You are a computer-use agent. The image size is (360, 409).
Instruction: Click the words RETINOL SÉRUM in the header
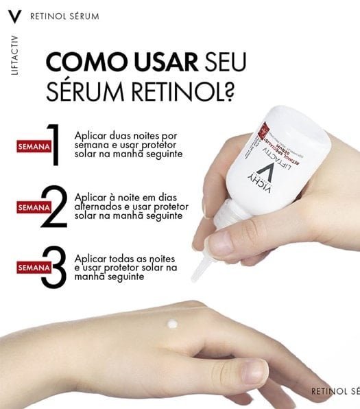coord(64,14)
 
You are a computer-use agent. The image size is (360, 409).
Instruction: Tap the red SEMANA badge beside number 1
coord(32,145)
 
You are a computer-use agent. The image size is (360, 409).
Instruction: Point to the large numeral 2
coord(53,207)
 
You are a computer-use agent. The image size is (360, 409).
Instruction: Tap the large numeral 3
coord(53,266)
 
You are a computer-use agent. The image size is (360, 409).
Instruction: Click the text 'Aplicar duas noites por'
coord(125,135)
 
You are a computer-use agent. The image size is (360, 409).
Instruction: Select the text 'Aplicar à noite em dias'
coord(125,196)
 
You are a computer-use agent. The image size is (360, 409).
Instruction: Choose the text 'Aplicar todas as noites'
coord(124,256)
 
